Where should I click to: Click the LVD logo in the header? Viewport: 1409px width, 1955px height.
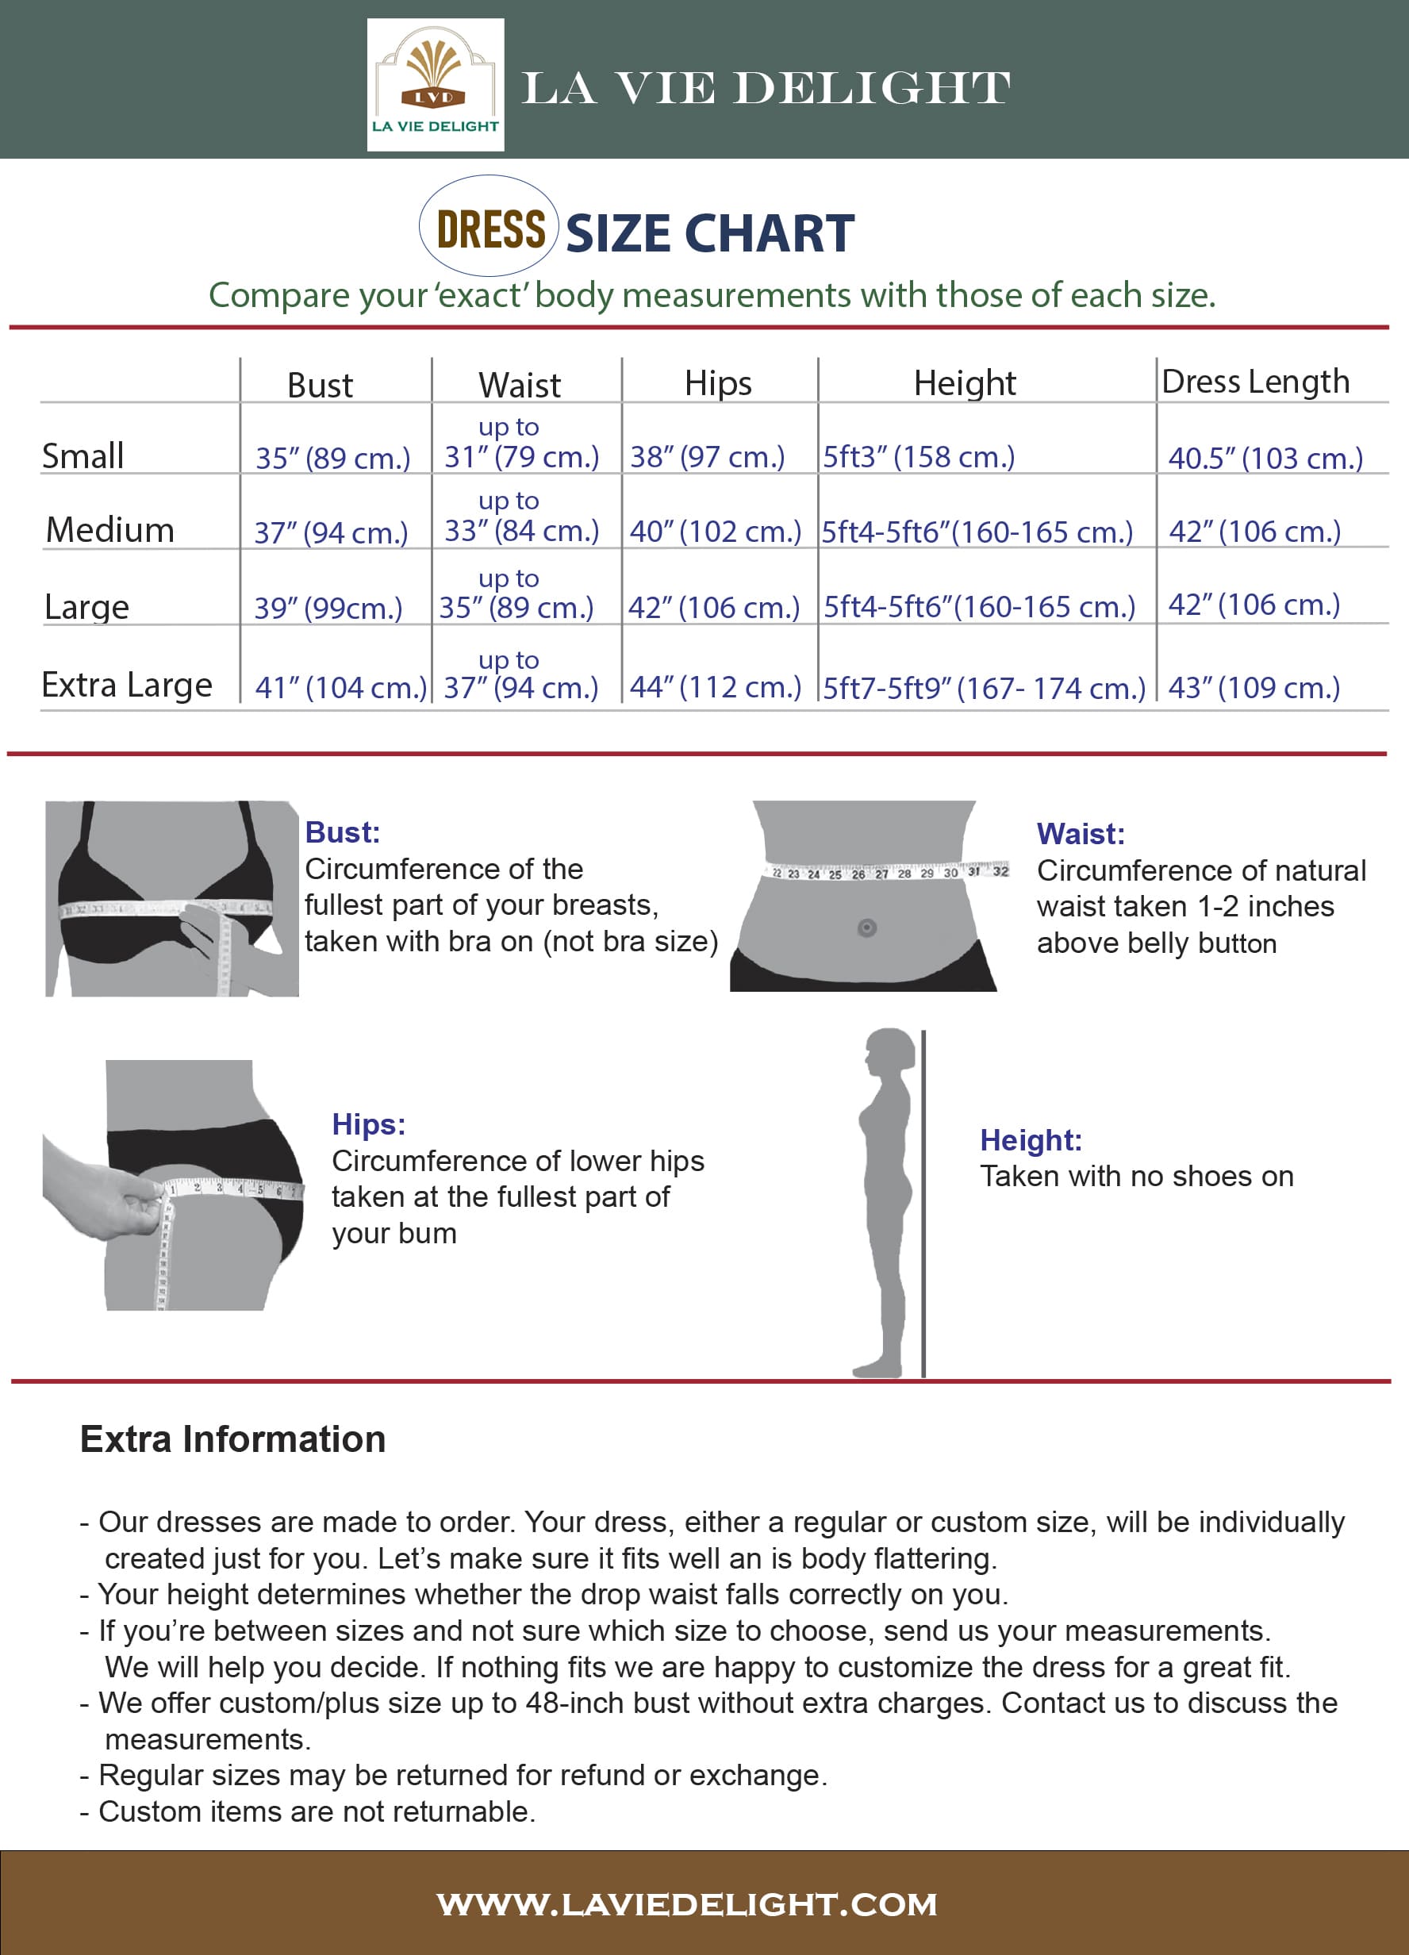[436, 84]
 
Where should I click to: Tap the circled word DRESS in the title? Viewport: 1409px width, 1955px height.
[490, 229]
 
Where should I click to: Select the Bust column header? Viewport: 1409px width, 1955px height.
[320, 386]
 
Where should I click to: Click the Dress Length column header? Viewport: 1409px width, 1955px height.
[1256, 382]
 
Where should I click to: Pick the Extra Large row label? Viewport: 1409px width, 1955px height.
[127, 686]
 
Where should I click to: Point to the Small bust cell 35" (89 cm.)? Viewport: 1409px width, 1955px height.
[332, 458]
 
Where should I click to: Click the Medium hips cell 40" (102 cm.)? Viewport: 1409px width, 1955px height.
[716, 532]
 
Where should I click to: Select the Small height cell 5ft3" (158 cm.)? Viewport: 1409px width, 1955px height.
[919, 457]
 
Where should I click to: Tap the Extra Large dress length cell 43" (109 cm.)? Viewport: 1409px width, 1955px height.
[1254, 688]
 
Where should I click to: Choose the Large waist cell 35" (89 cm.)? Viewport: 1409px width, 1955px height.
[516, 608]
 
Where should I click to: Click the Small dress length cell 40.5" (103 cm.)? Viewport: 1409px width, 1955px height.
[1265, 458]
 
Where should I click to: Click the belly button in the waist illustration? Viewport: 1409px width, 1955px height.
[867, 928]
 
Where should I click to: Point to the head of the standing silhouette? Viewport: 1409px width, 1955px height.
[889, 1054]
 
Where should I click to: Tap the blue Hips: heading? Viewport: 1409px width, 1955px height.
[369, 1124]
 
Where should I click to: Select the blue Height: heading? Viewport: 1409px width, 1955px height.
[1031, 1140]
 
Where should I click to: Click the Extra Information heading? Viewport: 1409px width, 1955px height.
[232, 1439]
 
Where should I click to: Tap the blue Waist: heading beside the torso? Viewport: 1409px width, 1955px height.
[1081, 834]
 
